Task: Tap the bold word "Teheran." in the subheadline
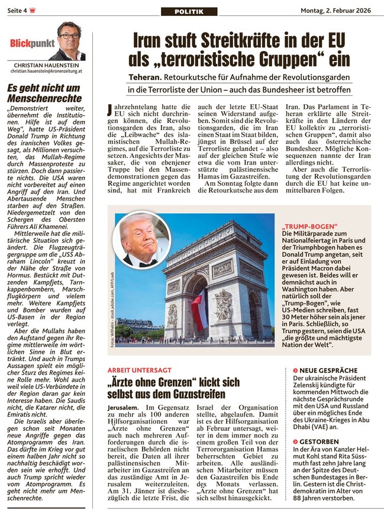(148, 78)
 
